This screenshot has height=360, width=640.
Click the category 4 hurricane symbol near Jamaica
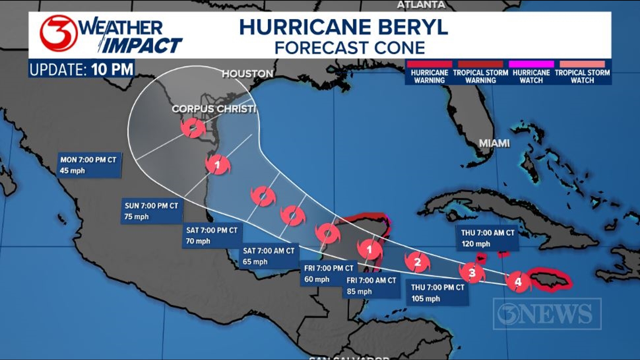click(x=518, y=282)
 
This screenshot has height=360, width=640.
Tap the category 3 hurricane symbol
click(x=472, y=273)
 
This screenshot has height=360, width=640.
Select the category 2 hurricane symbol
click(x=417, y=262)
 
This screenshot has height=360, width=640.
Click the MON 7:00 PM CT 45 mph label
click(x=89, y=165)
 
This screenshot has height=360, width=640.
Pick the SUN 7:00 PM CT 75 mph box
click(x=151, y=211)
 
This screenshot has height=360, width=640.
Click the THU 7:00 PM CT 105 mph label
click(x=437, y=293)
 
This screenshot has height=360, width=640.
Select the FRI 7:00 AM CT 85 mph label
click(x=371, y=286)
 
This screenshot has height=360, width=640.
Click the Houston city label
click(x=248, y=74)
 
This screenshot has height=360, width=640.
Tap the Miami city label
click(x=494, y=143)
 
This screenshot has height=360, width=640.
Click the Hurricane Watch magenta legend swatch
click(x=531, y=64)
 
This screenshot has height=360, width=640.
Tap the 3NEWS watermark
click(x=547, y=314)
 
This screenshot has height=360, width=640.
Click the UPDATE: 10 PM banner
click(x=82, y=69)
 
